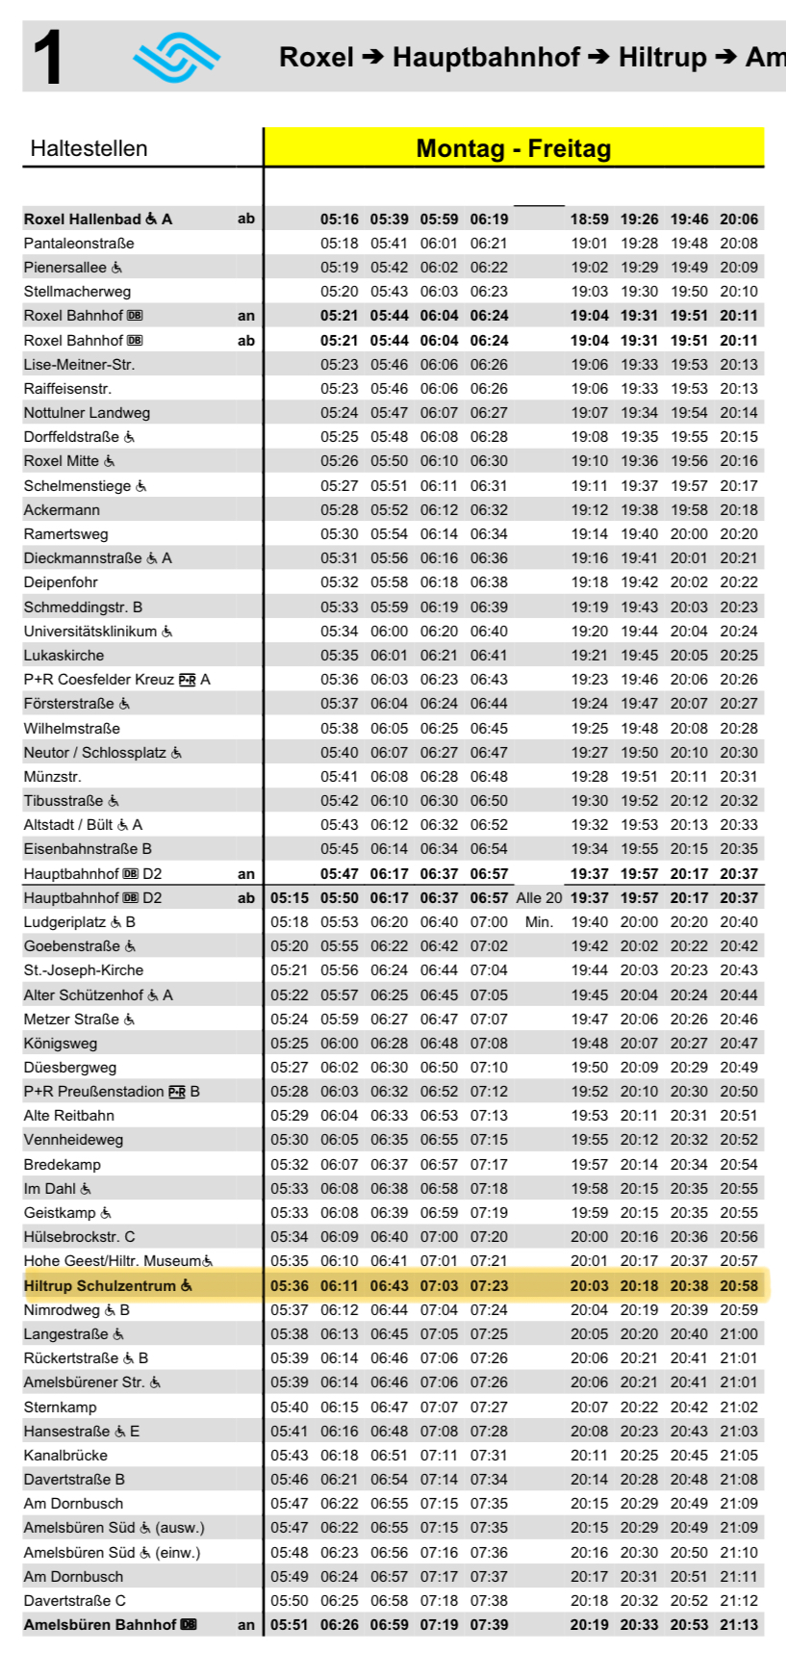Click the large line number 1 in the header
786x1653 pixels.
click(48, 57)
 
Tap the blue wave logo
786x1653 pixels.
click(176, 58)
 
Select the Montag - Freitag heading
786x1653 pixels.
click(513, 148)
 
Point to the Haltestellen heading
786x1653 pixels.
click(89, 148)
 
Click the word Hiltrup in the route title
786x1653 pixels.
click(662, 57)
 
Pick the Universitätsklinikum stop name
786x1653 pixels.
click(89, 632)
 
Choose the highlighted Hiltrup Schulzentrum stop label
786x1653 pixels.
click(99, 1286)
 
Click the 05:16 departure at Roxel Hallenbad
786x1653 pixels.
click(340, 220)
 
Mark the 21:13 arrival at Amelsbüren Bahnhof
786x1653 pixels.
click(739, 1625)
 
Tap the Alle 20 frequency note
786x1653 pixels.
click(539, 898)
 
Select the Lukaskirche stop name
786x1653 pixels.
click(63, 656)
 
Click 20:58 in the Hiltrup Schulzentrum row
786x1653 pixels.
click(739, 1286)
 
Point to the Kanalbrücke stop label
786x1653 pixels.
click(65, 1456)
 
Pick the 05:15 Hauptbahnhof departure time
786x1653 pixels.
click(290, 898)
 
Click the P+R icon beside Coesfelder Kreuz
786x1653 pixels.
click(187, 680)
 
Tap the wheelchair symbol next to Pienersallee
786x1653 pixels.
click(116, 268)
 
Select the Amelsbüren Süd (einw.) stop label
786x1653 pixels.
click(112, 1553)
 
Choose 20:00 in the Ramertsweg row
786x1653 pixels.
click(689, 534)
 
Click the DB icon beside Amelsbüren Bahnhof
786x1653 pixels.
click(189, 1625)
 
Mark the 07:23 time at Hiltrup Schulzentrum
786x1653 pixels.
click(489, 1286)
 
